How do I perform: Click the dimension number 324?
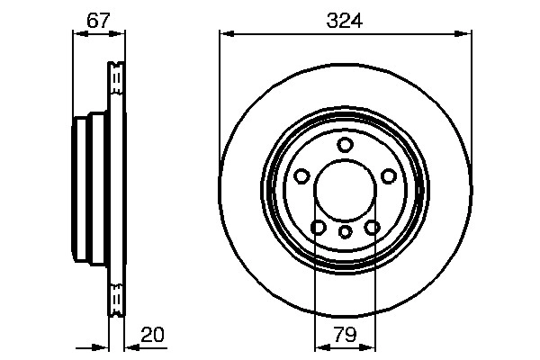click(346, 19)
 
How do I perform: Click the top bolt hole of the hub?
click(346, 145)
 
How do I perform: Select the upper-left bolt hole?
click(302, 176)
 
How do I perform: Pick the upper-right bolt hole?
click(389, 176)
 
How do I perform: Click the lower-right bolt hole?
click(373, 227)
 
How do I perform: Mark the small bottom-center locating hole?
click(346, 231)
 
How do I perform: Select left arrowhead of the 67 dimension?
click(76, 34)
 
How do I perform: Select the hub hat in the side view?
click(85, 189)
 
